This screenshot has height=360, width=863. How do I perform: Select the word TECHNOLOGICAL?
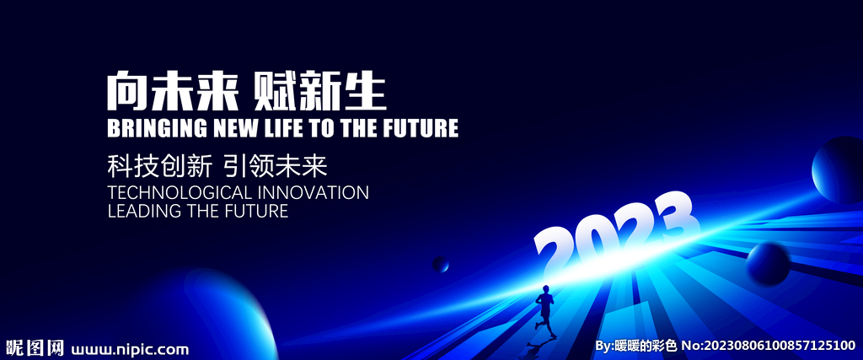(180, 193)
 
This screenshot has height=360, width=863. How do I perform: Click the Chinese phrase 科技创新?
(159, 166)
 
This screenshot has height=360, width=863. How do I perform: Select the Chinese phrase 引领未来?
(276, 166)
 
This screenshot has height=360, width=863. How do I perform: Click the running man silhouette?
(545, 311)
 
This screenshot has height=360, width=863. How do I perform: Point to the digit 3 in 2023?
(678, 218)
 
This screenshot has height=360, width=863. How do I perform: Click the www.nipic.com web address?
(130, 349)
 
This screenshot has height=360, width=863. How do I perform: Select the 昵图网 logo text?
(35, 348)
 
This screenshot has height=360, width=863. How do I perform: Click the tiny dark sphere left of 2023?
(440, 264)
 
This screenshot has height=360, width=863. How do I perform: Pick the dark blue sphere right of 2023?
(768, 264)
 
